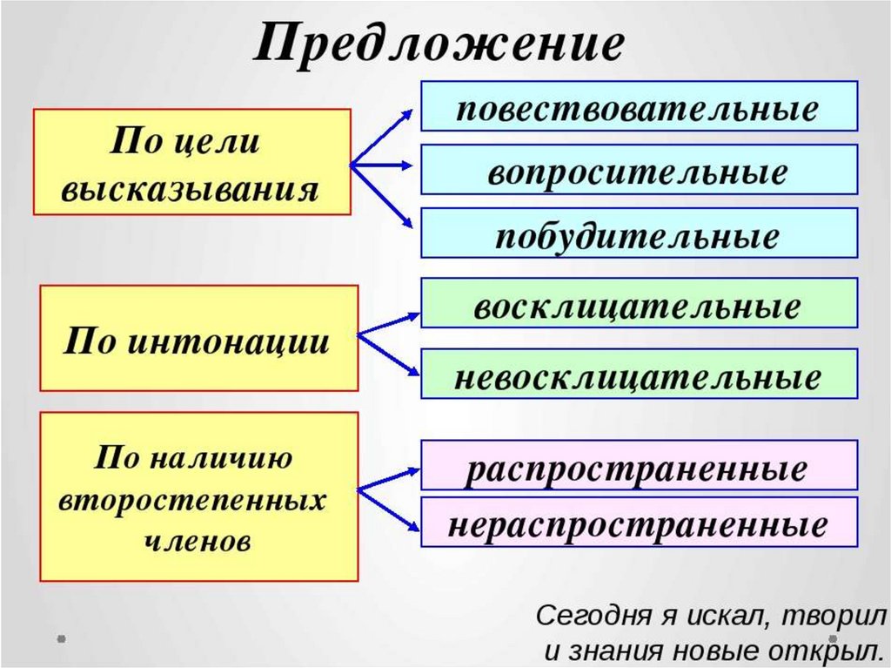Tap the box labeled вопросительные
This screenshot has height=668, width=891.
639,170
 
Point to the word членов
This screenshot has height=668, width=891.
197,540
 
